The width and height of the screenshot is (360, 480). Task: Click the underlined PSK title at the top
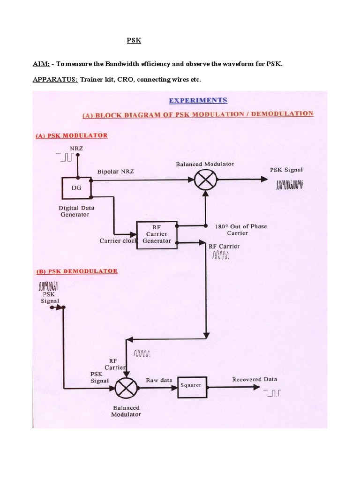click(x=134, y=41)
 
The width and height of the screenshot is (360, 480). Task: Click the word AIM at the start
click(x=41, y=63)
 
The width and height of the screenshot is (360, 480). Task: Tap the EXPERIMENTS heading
click(x=197, y=100)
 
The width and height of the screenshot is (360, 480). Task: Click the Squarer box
click(x=191, y=386)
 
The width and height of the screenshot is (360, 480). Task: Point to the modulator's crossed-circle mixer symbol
click(x=205, y=179)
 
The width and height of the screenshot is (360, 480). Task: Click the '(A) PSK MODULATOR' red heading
click(x=71, y=135)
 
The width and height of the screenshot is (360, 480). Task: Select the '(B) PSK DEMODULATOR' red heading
click(x=76, y=271)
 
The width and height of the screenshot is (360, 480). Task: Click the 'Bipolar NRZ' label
click(x=116, y=172)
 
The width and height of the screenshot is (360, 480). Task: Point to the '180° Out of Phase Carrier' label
click(x=240, y=229)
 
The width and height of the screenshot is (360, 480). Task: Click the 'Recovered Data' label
click(x=255, y=379)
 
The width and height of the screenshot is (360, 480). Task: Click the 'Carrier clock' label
click(x=117, y=241)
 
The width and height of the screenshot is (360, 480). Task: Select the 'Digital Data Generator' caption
click(x=74, y=211)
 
